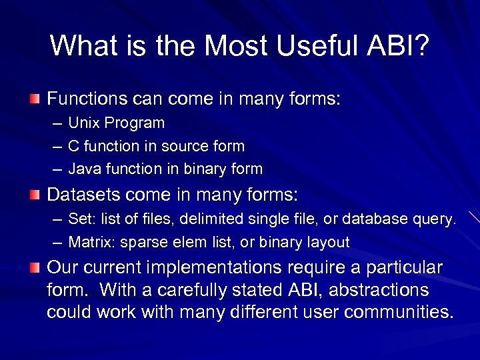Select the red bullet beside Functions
[35, 99]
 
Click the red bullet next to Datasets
[35, 195]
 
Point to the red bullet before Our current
[35, 268]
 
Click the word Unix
[83, 123]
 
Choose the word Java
[84, 169]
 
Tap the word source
[181, 146]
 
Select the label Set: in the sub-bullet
[81, 219]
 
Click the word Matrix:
[89, 242]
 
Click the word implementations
[217, 268]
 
